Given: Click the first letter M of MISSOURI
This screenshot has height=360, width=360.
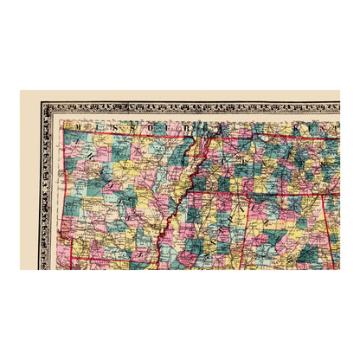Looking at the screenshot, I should point(77,125).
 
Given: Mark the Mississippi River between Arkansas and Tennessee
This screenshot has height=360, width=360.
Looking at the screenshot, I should point(177,186).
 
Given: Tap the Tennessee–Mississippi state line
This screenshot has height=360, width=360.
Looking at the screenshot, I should point(216,200).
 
